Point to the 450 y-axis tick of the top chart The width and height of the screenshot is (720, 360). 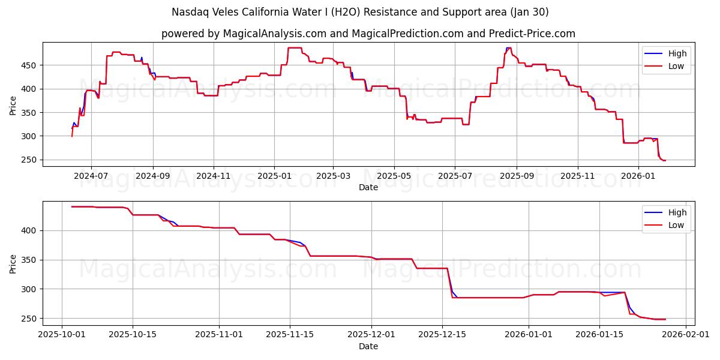point(31,65)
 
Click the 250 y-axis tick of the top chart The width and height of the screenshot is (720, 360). point(31,160)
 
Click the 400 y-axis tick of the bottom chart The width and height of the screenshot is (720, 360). point(31,230)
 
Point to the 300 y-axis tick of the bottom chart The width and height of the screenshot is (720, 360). point(31,289)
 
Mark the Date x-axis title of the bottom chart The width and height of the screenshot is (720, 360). point(368,346)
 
